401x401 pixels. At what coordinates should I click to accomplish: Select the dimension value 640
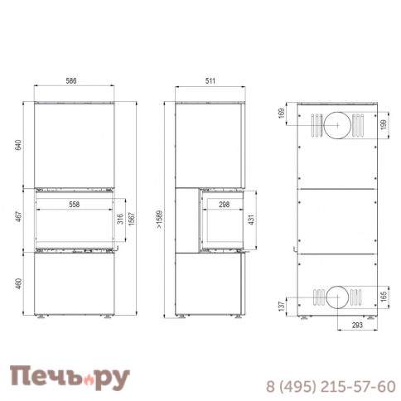(17, 145)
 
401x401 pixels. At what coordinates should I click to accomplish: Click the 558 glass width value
(75, 203)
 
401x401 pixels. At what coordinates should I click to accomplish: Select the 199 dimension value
(383, 124)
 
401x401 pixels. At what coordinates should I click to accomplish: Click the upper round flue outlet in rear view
(336, 125)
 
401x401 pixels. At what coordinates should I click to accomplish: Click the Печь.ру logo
(70, 379)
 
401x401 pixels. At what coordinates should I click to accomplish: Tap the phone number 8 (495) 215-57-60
(330, 387)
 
